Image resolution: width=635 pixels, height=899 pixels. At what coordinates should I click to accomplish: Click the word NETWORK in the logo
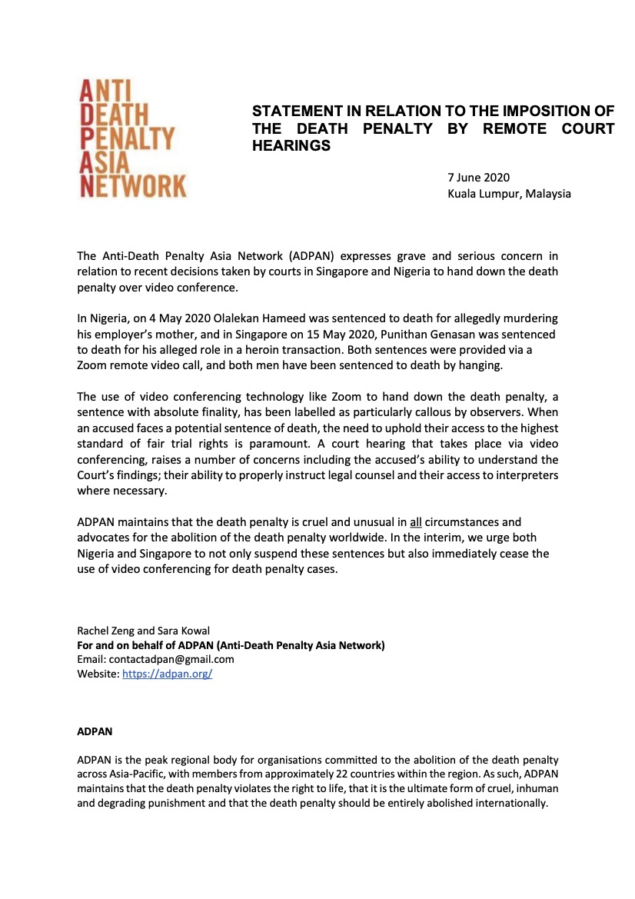coord(133,185)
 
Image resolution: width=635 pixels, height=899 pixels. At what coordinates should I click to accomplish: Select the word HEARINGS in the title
coord(291,145)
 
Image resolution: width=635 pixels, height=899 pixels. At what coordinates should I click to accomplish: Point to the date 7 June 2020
coord(478,178)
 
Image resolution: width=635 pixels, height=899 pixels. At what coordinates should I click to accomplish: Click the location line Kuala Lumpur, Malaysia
coord(509,194)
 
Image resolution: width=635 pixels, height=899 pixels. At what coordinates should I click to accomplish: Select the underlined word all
coord(417,522)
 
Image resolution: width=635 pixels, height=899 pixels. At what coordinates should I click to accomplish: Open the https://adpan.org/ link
coord(167,674)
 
